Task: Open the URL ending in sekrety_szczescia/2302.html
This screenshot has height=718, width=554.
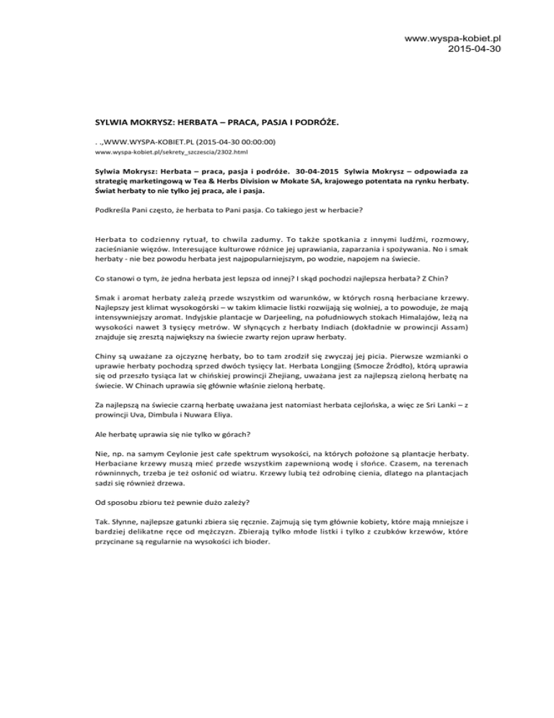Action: [x=147, y=154]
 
